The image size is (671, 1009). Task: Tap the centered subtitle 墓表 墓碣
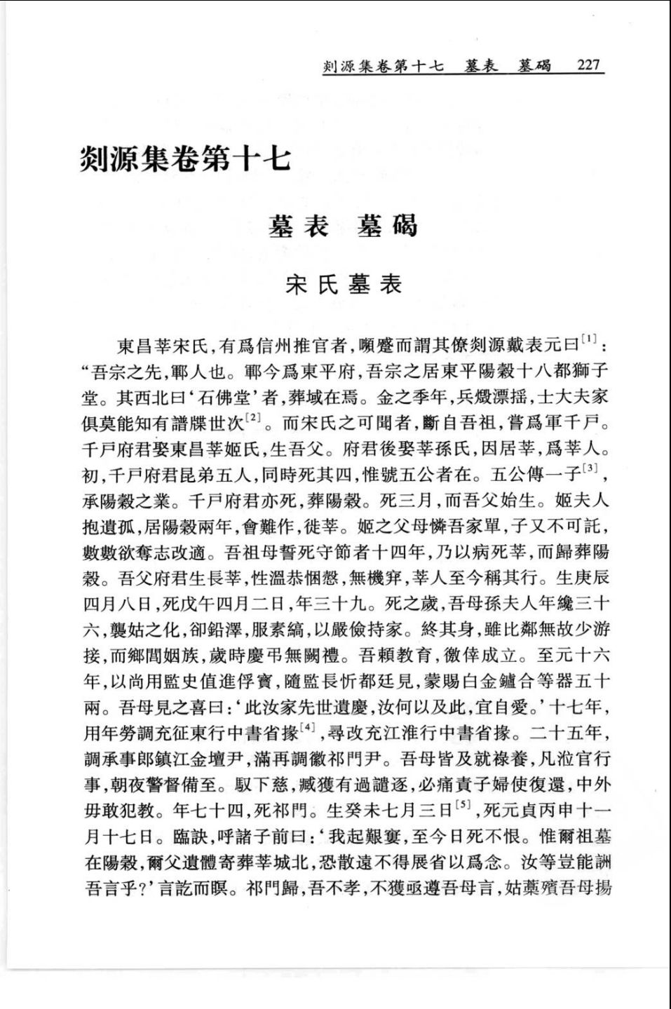click(x=343, y=226)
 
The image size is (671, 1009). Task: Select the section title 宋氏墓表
click(x=344, y=285)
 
